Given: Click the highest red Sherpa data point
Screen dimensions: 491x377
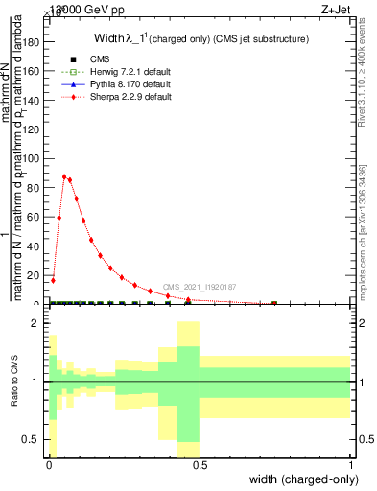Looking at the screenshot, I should (64, 176).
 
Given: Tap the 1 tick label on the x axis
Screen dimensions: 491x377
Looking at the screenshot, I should (350, 465).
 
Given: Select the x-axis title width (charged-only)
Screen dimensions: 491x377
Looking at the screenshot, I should (300, 479).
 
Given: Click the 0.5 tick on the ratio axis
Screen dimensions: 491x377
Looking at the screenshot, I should (34, 439).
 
